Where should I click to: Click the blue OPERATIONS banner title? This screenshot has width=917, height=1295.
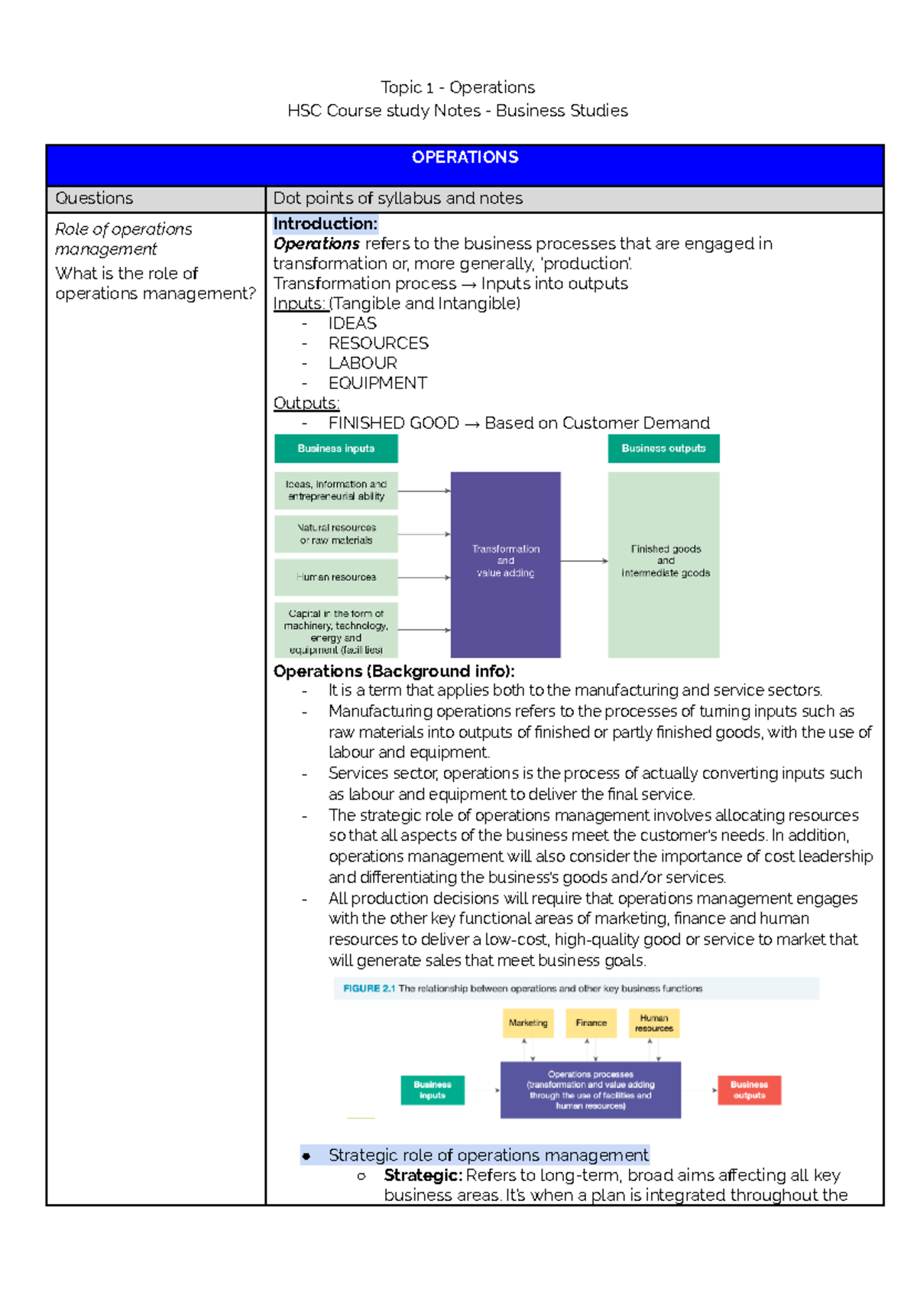pyautogui.click(x=465, y=157)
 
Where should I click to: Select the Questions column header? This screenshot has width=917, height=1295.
pyautogui.click(x=94, y=199)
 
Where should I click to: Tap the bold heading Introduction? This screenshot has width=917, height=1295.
pyautogui.click(x=326, y=224)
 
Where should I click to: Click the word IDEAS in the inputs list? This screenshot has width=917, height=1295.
pyautogui.click(x=352, y=323)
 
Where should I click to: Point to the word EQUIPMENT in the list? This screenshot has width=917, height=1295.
pyautogui.click(x=377, y=383)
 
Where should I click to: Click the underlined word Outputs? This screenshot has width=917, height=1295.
pyautogui.click(x=306, y=403)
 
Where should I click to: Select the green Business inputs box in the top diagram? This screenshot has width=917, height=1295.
pyautogui.click(x=336, y=449)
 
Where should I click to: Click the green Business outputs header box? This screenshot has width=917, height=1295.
pyautogui.click(x=663, y=449)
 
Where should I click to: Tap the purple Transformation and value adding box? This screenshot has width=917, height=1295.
pyautogui.click(x=505, y=564)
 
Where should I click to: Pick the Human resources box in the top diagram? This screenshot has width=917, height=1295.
pyautogui.click(x=336, y=577)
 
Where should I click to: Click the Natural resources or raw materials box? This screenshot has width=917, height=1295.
pyautogui.click(x=336, y=534)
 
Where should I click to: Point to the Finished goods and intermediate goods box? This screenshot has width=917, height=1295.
pyautogui.click(x=664, y=564)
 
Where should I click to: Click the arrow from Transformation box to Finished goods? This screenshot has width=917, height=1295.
pyautogui.click(x=585, y=561)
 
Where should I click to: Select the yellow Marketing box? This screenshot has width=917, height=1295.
pyautogui.click(x=528, y=1023)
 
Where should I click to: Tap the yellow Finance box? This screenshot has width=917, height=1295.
pyautogui.click(x=591, y=1023)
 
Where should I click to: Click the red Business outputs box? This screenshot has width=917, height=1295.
pyautogui.click(x=749, y=1090)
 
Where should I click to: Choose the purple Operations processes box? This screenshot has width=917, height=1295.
pyautogui.click(x=590, y=1090)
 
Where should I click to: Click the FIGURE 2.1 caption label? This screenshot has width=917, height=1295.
pyautogui.click(x=369, y=988)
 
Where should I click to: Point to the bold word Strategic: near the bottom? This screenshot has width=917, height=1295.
pyautogui.click(x=423, y=1175)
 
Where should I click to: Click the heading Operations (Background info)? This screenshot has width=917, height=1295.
pyautogui.click(x=394, y=671)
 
